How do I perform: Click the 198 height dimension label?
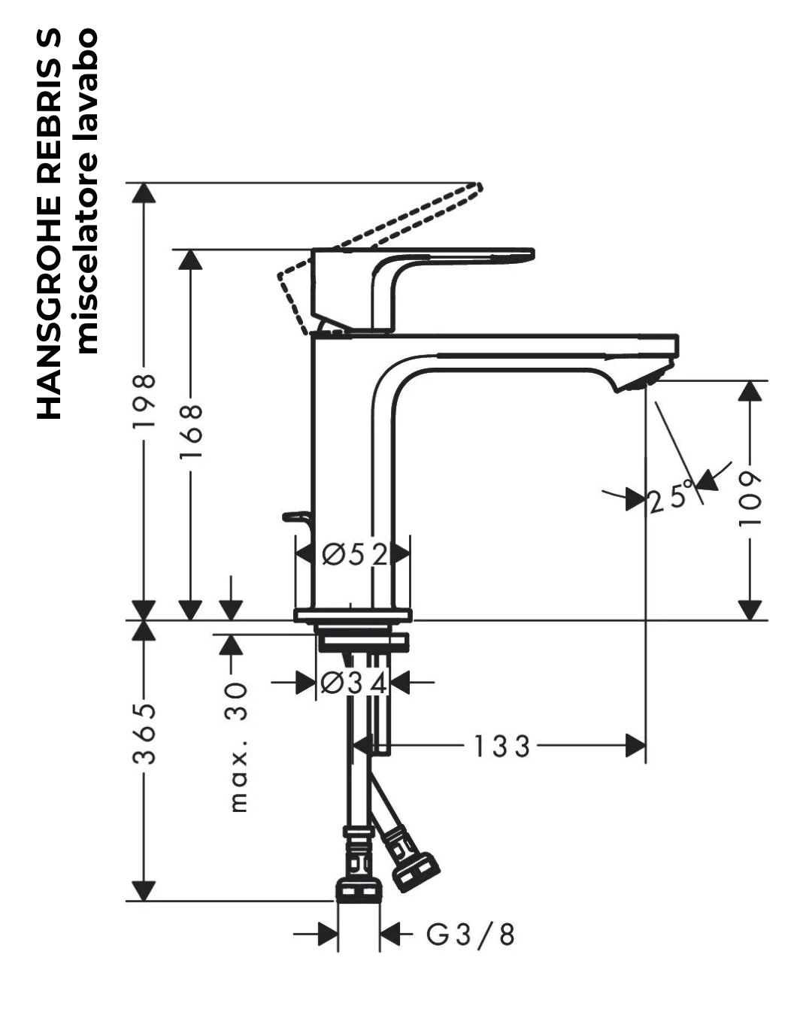click(144, 401)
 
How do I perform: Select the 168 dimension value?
click(191, 431)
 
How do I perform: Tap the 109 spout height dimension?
click(750, 499)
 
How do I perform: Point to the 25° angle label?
click(671, 497)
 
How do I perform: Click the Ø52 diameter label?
click(355, 555)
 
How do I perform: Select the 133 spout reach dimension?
click(501, 747)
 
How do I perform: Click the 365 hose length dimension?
click(144, 734)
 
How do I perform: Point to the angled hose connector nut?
click(415, 872)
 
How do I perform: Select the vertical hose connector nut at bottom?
click(359, 889)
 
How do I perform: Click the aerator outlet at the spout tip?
click(643, 380)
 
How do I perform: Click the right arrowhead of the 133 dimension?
click(635, 746)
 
